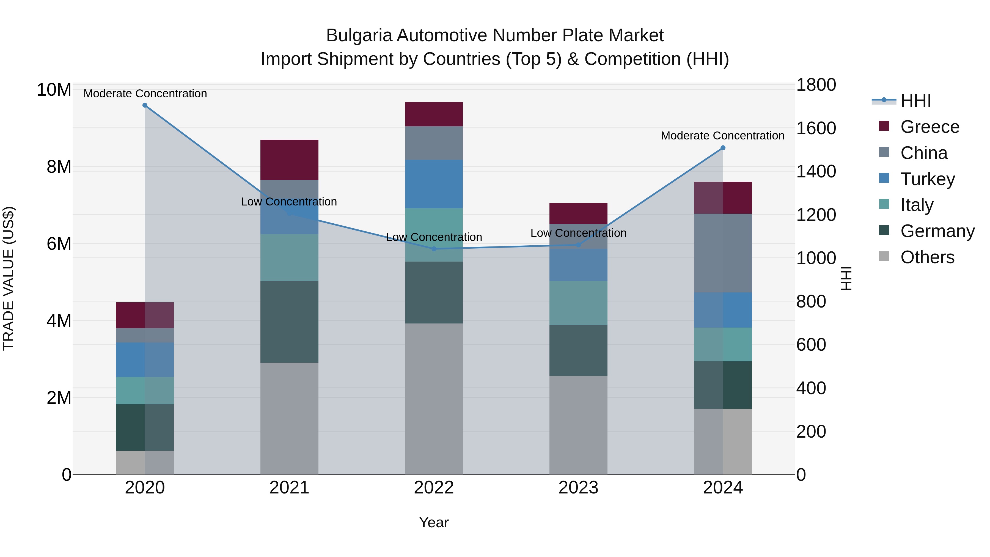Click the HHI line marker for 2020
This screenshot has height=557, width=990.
[145, 105]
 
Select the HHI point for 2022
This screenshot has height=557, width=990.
[434, 249]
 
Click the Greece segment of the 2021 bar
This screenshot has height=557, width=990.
[289, 160]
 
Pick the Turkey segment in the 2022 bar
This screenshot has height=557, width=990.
[434, 184]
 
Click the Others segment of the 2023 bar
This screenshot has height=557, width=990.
[578, 425]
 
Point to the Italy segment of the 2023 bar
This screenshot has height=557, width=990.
[578, 303]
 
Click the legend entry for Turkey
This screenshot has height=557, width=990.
[927, 179]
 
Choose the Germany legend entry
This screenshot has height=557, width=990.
[937, 231]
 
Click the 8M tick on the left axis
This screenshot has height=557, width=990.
[58, 167]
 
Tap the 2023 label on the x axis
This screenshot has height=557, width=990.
[578, 488]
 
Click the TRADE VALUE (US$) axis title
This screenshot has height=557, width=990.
[9, 278]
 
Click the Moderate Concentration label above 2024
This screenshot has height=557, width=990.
[722, 136]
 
